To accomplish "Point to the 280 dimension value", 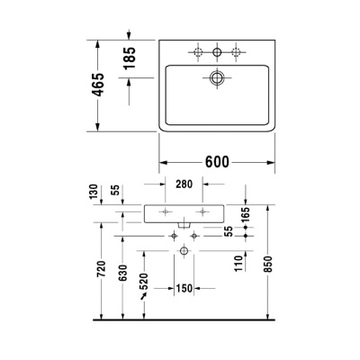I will pyautogui.click(x=184, y=184).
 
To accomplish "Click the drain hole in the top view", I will pyautogui.click(x=216, y=78).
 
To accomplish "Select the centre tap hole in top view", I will pyautogui.click(x=216, y=50).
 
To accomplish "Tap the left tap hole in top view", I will pyautogui.click(x=195, y=50).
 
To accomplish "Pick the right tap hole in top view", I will pyautogui.click(x=236, y=50).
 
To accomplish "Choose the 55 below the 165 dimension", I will pyautogui.click(x=229, y=232).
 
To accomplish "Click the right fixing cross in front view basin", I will pyautogui.click(x=205, y=212).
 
